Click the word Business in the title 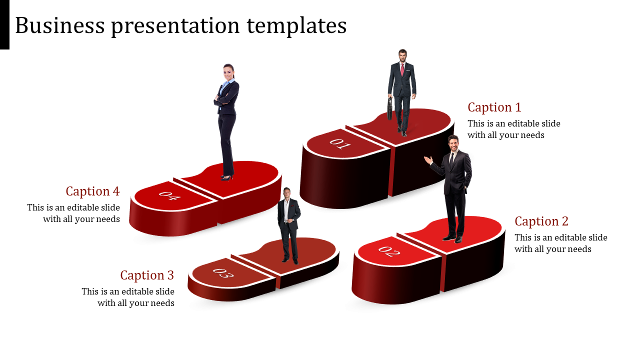pyautogui.click(x=60, y=25)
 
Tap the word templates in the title pyautogui.click(x=296, y=26)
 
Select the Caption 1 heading pyautogui.click(x=494, y=107)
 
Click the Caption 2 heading pyautogui.click(x=541, y=221)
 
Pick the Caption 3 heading pyautogui.click(x=147, y=275)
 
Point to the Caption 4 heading pyautogui.click(x=92, y=191)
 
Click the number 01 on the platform pyautogui.click(x=339, y=143)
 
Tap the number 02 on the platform pyautogui.click(x=389, y=251)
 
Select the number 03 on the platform pyautogui.click(x=223, y=273)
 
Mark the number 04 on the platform pyautogui.click(x=169, y=195)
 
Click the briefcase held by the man pyautogui.click(x=389, y=109)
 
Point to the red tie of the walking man pyautogui.click(x=402, y=69)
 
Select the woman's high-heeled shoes pyautogui.click(x=227, y=177)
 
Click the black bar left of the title pyautogui.click(x=4, y=24)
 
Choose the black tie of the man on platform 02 pyautogui.click(x=451, y=160)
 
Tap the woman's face pyautogui.click(x=228, y=71)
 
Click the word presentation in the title pyautogui.click(x=175, y=26)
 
